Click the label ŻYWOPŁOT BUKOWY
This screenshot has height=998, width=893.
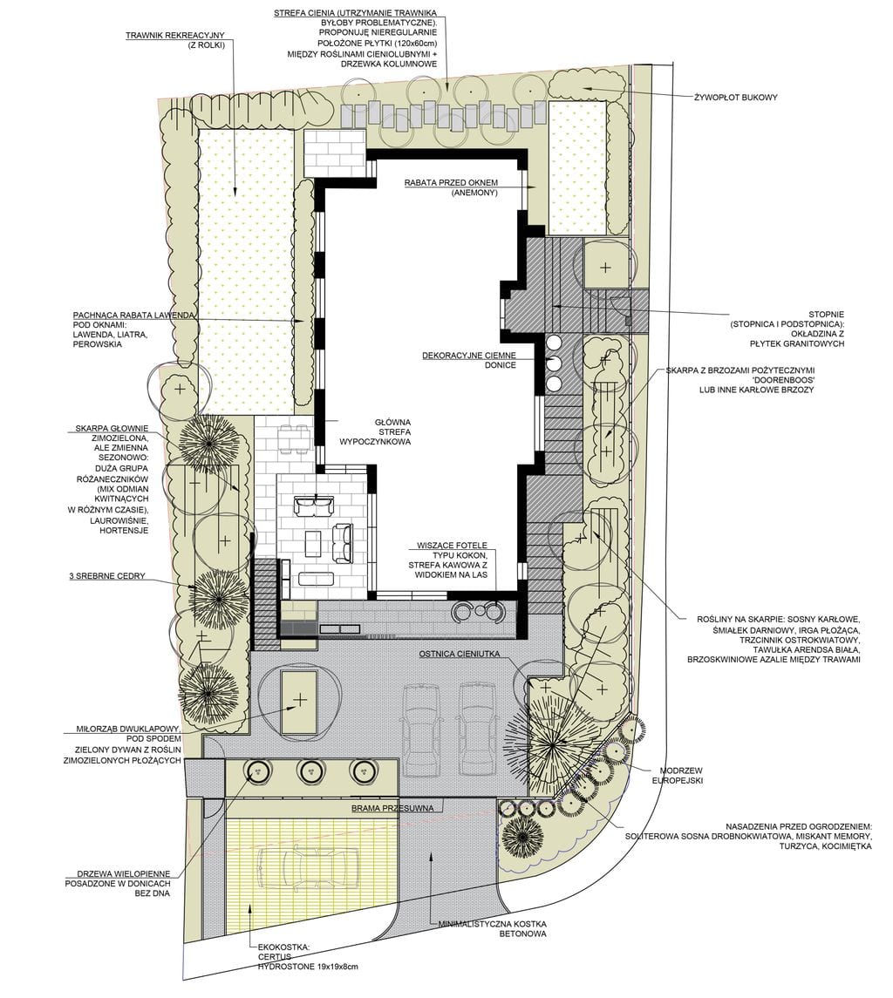(x=736, y=98)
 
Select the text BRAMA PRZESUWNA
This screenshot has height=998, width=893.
(x=392, y=808)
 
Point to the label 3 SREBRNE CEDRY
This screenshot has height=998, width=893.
(x=107, y=576)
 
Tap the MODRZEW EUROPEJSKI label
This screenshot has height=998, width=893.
(x=681, y=775)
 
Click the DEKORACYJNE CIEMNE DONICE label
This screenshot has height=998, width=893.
(x=469, y=360)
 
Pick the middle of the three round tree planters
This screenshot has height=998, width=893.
(x=309, y=771)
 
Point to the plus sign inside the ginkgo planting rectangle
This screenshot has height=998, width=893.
(x=299, y=700)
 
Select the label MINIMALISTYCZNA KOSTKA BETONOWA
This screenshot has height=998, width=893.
(x=492, y=928)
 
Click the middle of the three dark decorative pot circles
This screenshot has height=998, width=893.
(x=554, y=363)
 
